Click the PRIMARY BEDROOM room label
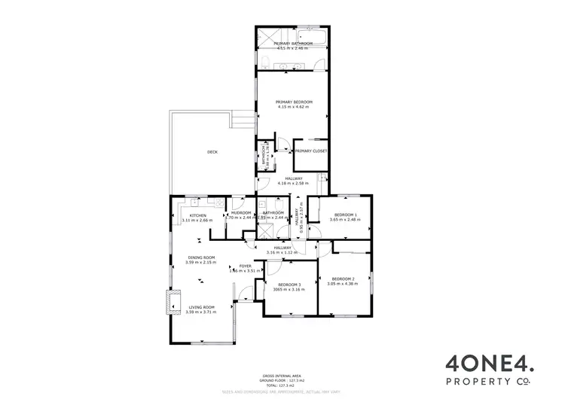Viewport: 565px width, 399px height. coord(293,102)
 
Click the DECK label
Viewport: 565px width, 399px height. coord(212,152)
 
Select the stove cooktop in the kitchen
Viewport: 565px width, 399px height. coord(217,202)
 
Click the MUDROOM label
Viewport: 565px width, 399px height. coord(241,213)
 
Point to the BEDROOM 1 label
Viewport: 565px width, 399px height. coord(347,215)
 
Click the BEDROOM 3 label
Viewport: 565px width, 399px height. coord(289,284)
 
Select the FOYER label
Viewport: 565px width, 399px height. coord(246,266)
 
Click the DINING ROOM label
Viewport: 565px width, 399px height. coord(201,257)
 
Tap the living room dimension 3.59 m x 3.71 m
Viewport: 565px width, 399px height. coord(201,312)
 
